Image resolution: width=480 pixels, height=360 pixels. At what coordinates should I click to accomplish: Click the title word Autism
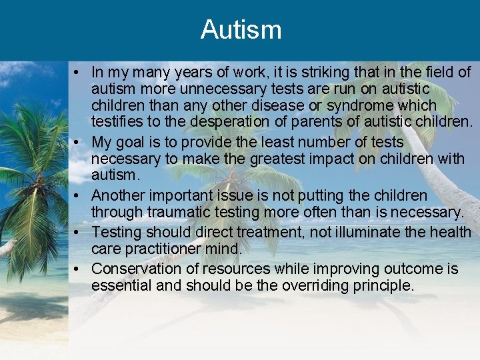(241, 30)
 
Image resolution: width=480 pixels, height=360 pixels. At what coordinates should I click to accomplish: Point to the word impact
(335, 159)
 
